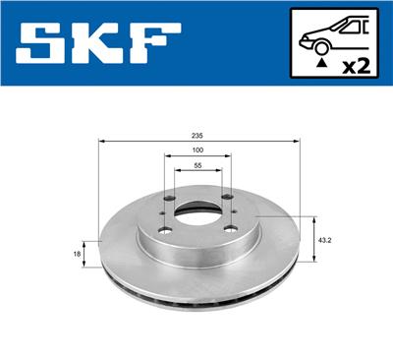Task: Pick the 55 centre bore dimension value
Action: pos(198,167)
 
